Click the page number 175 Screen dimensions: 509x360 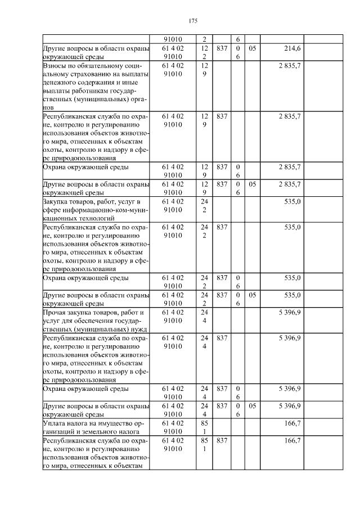tap(193, 21)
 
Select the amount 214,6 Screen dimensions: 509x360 tap(291, 49)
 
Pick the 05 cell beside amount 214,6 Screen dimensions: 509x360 tap(252, 49)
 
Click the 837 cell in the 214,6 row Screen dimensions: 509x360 tap(221, 49)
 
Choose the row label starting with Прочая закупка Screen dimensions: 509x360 tap(92, 320)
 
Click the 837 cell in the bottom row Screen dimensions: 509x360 tap(221, 440)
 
